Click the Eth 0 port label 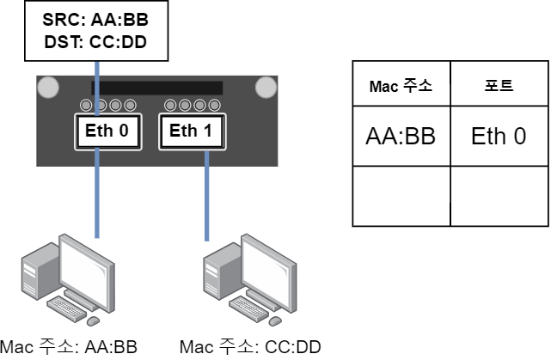tap(106, 131)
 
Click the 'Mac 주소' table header tap(401, 86)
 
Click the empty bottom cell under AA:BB tap(401, 196)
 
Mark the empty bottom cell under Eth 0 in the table tap(499, 196)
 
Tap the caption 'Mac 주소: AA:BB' tap(68, 347)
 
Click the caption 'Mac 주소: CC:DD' tap(250, 347)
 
